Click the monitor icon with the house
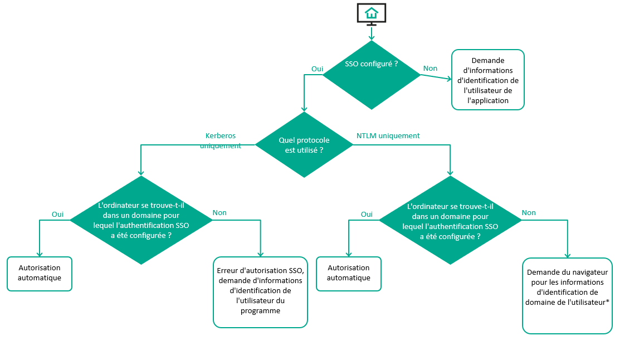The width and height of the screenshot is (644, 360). click(x=372, y=14)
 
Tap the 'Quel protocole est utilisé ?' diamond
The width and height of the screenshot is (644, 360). click(x=304, y=145)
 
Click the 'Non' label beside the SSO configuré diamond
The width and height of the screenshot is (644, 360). click(x=430, y=69)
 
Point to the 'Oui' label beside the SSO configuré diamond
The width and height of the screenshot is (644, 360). click(x=317, y=69)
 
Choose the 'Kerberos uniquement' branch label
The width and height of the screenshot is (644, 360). click(x=221, y=141)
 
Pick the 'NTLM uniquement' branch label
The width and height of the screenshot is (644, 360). click(x=388, y=135)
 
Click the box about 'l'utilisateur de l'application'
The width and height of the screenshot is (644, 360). click(x=487, y=80)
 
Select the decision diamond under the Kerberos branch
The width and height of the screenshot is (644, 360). click(x=140, y=220)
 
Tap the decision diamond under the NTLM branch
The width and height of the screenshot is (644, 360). click(x=450, y=221)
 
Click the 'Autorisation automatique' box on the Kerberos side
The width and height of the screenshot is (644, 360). click(x=40, y=273)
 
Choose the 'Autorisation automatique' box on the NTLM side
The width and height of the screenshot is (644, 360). click(x=349, y=273)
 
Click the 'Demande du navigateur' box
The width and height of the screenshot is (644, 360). click(x=567, y=295)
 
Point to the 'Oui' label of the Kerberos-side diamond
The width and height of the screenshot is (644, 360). click(x=57, y=214)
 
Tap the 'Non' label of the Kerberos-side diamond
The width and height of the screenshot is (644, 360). click(x=219, y=213)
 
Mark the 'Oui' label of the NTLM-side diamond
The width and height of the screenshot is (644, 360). click(x=367, y=214)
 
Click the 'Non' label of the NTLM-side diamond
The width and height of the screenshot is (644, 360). click(x=529, y=213)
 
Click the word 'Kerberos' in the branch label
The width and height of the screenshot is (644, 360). click(x=221, y=136)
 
